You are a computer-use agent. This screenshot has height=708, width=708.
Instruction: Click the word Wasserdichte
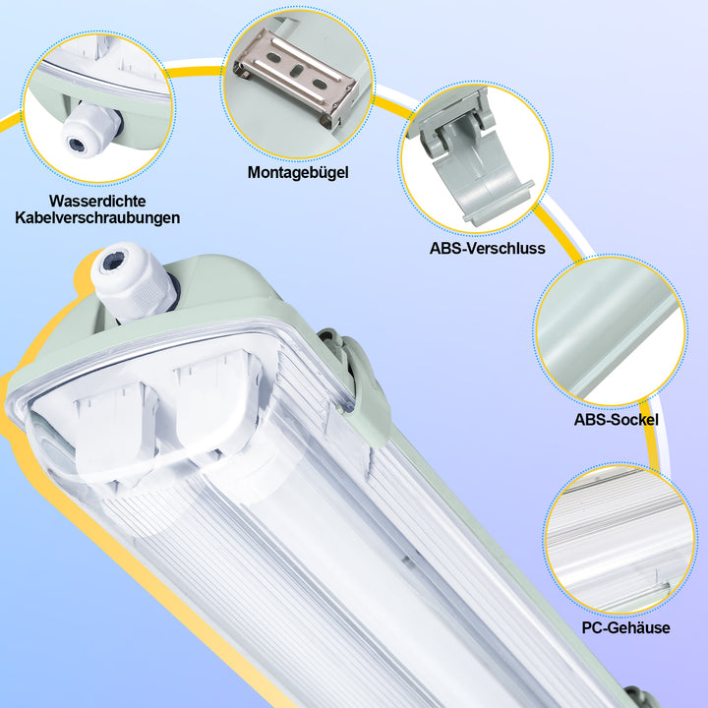95,200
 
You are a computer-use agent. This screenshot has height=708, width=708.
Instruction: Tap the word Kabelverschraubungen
97,217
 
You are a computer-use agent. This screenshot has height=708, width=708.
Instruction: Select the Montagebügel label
298,172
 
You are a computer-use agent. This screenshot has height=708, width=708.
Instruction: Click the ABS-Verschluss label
487,249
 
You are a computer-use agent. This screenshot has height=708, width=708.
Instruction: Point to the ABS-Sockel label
617,420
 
